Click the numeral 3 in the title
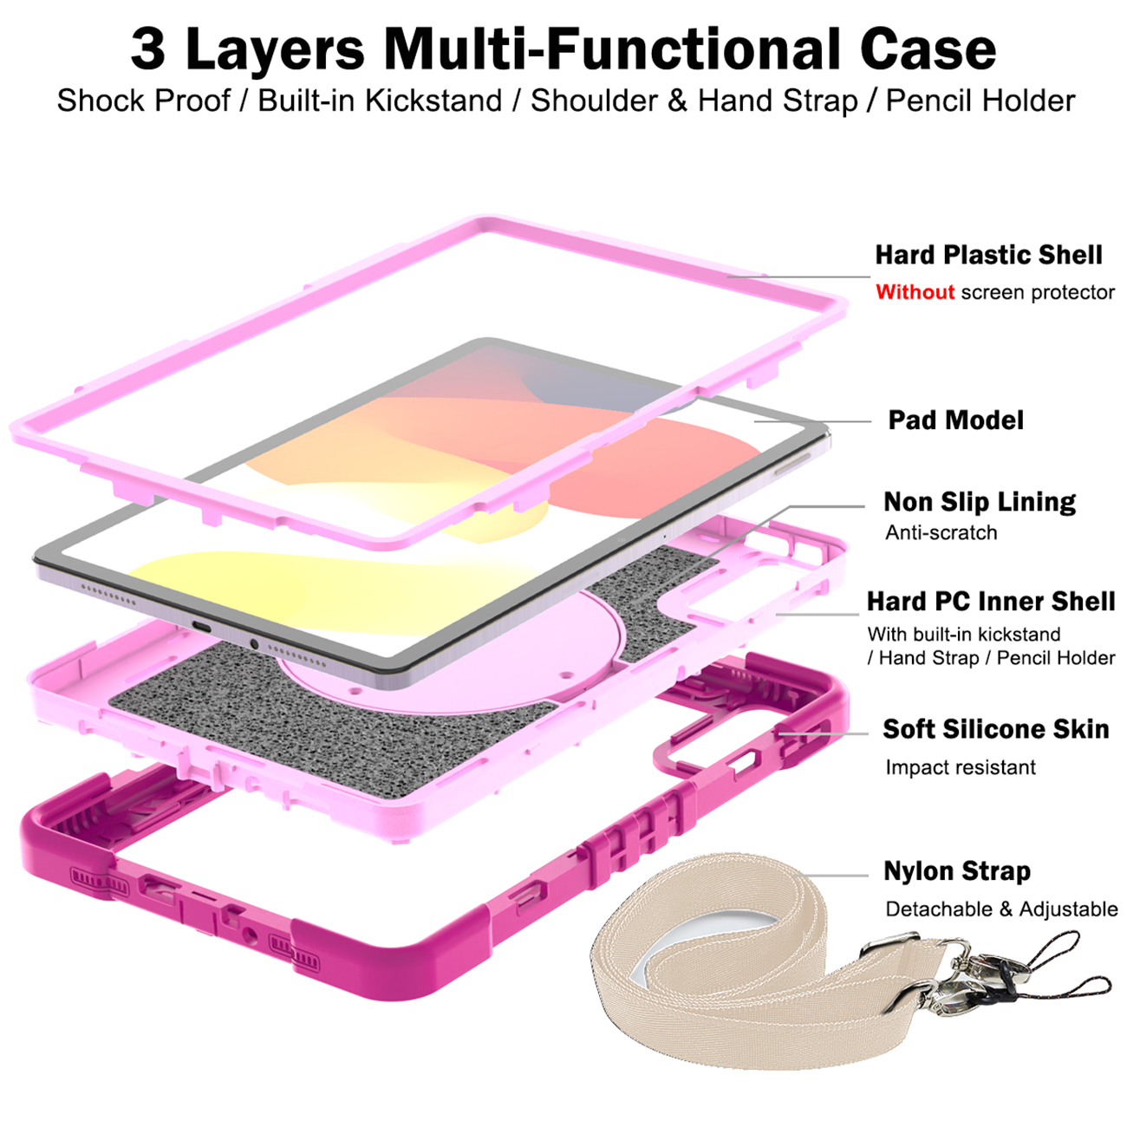(148, 49)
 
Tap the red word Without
(915, 292)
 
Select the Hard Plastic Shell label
(988, 255)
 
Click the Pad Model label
(955, 420)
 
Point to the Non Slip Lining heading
(980, 502)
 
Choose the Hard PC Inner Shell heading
(991, 602)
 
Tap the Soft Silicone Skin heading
(996, 729)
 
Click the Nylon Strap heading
(957, 871)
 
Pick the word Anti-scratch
(941, 533)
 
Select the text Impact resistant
(961, 767)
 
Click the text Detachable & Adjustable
(1001, 909)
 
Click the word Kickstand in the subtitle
(433, 101)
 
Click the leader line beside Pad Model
(812, 421)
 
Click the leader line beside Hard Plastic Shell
(799, 277)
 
